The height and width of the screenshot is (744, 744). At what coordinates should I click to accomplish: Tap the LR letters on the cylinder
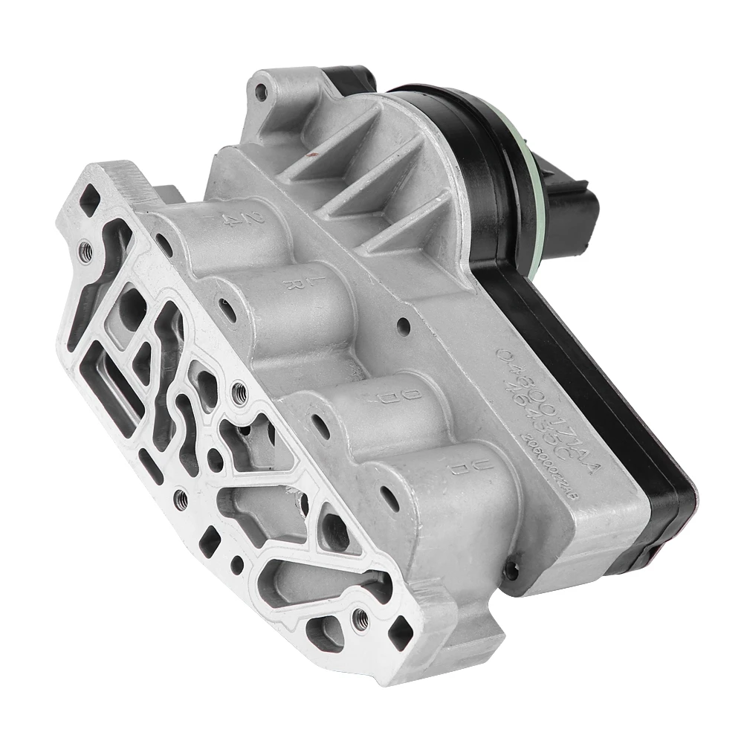tap(296, 284)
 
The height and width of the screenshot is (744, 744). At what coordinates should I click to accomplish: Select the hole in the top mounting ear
tap(261, 92)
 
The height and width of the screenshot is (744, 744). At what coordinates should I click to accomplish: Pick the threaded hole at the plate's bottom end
tap(360, 619)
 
